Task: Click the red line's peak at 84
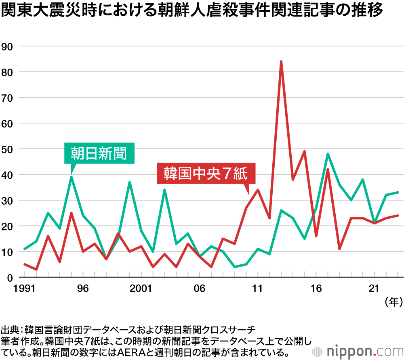tap(281, 62)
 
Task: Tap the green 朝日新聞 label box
tap(99, 153)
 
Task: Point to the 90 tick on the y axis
tap(8, 46)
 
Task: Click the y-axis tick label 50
tap(8, 149)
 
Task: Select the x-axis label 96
tap(83, 289)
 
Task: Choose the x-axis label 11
tap(258, 289)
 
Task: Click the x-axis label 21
tap(375, 289)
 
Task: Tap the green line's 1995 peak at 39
tap(72, 177)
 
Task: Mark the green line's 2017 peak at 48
tap(328, 154)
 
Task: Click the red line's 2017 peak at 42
tap(328, 170)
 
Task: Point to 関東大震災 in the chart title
tap(36, 11)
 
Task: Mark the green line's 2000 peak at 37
tap(130, 182)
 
